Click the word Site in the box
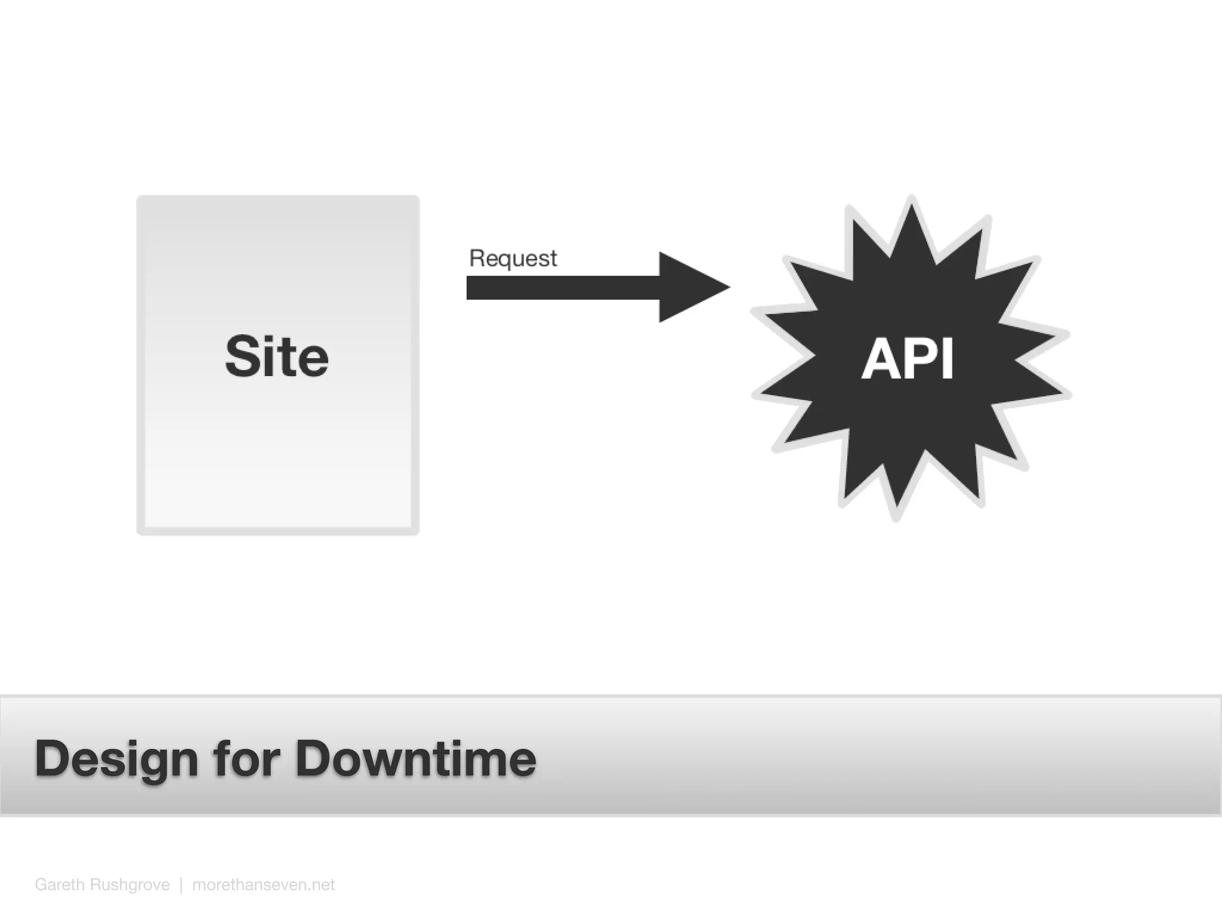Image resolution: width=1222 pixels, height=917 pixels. [x=277, y=356]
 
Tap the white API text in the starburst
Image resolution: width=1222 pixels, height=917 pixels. [x=908, y=358]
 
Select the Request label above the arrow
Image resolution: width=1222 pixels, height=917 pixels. [x=513, y=259]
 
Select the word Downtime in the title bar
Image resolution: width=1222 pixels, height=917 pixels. [x=416, y=758]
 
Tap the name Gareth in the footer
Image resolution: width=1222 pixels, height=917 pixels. [x=60, y=884]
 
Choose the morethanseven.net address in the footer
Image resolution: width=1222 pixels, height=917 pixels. [x=263, y=884]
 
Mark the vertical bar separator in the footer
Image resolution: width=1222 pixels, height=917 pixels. [x=181, y=884]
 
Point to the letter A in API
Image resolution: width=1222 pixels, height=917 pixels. [x=880, y=358]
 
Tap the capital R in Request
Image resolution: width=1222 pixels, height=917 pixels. [x=477, y=258]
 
